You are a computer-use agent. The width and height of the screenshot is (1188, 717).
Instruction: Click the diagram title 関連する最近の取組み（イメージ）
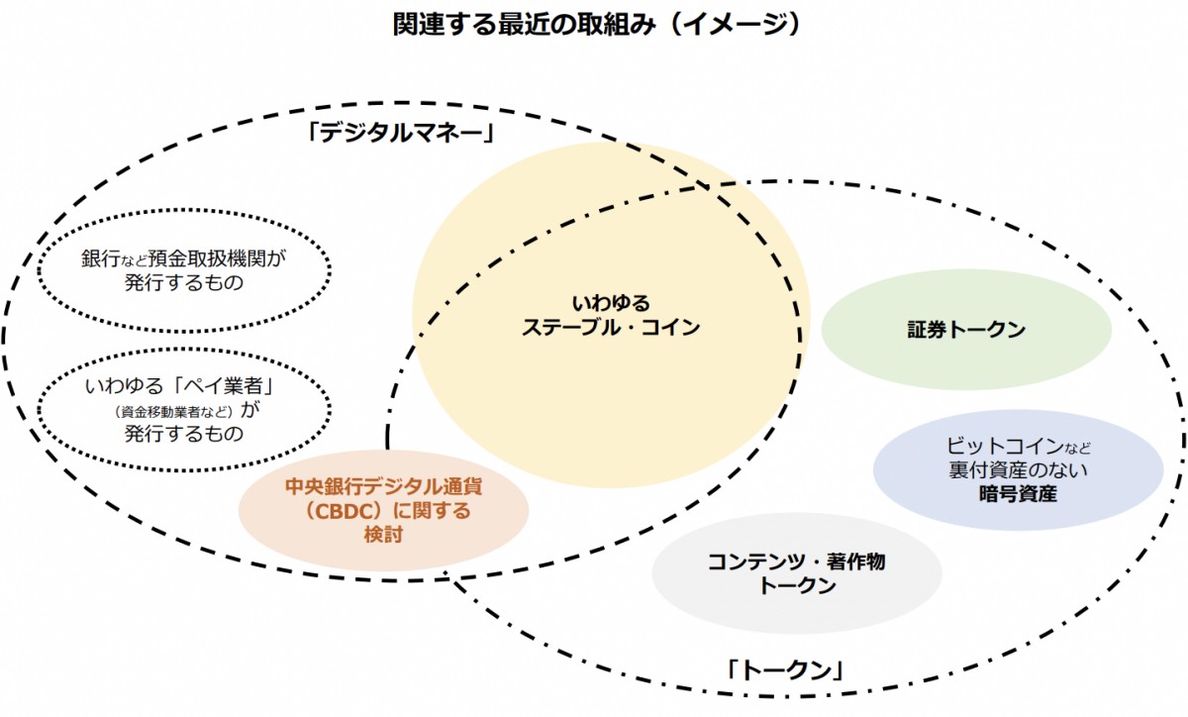(x=595, y=24)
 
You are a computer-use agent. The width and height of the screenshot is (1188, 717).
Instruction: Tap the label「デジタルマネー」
(x=400, y=132)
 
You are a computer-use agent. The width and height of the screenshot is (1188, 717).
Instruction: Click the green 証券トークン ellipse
(x=966, y=330)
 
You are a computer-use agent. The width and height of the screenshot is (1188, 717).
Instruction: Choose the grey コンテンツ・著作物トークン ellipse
(x=797, y=574)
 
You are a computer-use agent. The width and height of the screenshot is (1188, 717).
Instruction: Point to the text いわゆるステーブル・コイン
(x=611, y=315)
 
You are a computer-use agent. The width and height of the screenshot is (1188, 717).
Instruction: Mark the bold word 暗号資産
(x=1018, y=492)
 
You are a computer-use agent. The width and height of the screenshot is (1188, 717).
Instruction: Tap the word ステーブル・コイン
(x=611, y=328)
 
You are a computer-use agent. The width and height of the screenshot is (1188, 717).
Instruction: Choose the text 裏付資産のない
(x=1018, y=468)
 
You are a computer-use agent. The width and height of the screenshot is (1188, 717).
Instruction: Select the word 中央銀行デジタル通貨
(x=383, y=487)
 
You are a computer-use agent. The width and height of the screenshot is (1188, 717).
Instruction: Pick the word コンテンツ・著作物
(x=797, y=562)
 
